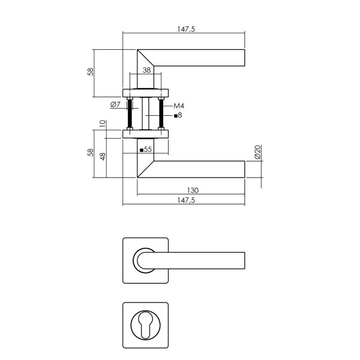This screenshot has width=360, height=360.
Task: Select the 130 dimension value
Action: pos(192,190)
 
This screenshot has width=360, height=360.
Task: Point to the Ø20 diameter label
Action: pos(257,152)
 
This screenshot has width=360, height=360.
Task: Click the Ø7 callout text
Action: pos(116,105)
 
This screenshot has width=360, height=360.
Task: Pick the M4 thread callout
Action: pos(179,106)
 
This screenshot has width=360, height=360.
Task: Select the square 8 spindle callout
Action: pos(178,115)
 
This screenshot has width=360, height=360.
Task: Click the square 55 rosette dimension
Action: pos(145,149)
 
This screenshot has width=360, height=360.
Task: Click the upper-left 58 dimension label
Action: pos(91,72)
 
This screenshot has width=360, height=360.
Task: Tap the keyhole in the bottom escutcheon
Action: pos(146,325)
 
